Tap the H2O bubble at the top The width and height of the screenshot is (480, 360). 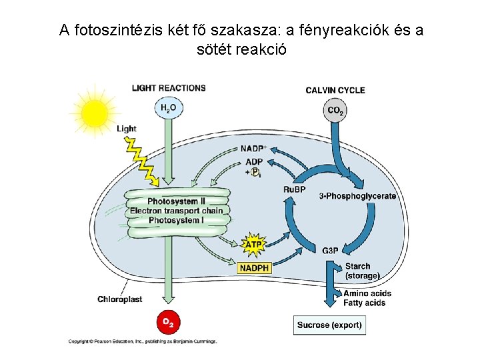[168, 108]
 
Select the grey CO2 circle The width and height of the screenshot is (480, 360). [335, 111]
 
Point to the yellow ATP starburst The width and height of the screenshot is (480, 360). [254, 245]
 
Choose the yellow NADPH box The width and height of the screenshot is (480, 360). [255, 268]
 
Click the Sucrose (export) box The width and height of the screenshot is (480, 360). [330, 325]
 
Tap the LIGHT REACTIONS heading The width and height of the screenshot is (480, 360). [169, 88]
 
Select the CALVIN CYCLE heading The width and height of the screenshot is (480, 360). [335, 90]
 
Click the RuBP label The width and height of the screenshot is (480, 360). [294, 190]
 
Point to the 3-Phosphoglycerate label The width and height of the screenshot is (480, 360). [357, 196]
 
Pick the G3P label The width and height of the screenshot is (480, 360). [330, 251]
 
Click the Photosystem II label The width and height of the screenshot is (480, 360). [176, 201]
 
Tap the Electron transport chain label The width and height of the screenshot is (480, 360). [176, 211]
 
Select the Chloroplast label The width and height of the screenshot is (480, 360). [120, 299]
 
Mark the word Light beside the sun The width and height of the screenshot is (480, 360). [126, 129]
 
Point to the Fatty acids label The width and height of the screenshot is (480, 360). [364, 303]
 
